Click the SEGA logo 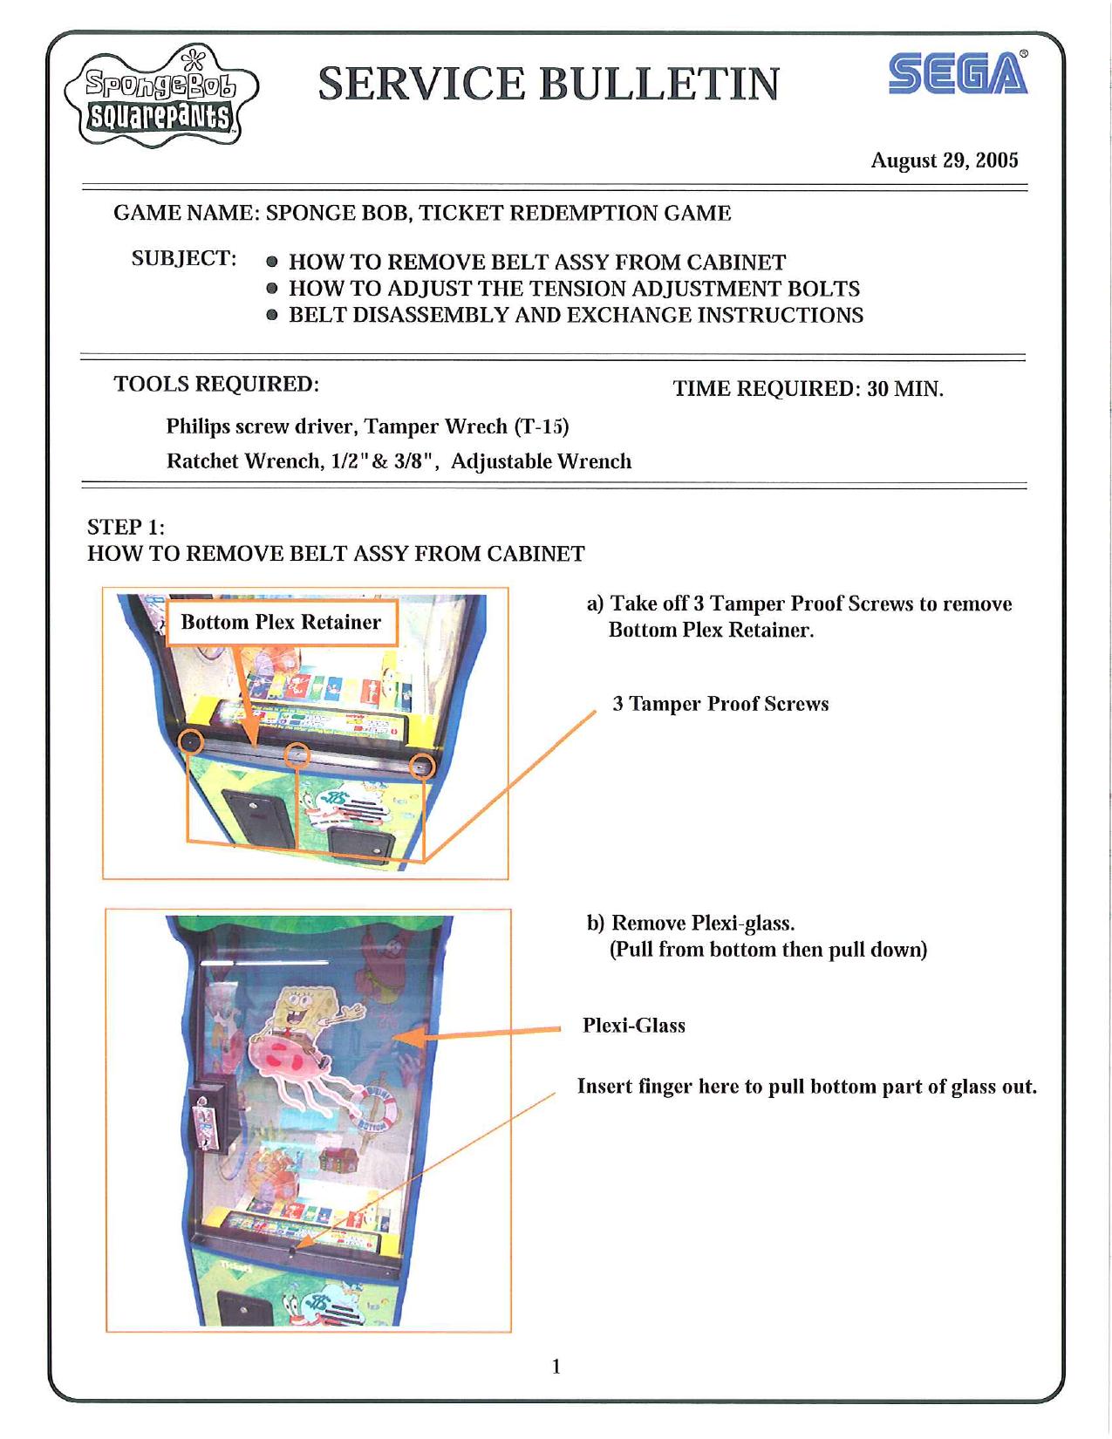[958, 73]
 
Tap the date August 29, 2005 [945, 160]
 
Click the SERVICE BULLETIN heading [549, 84]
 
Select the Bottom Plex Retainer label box [280, 622]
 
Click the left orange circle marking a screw [191, 742]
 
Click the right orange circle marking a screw [423, 765]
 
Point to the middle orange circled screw [297, 754]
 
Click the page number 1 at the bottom [556, 1366]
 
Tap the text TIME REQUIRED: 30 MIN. [808, 388]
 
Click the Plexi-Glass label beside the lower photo [633, 1026]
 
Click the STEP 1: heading [126, 527]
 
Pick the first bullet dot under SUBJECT [273, 262]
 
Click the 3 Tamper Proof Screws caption [720, 704]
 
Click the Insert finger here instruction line [806, 1087]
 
